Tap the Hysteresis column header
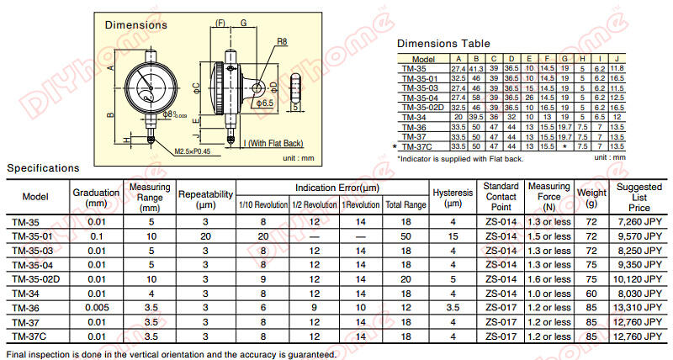pyautogui.click(x=453, y=197)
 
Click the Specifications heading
pyautogui.click(x=43, y=169)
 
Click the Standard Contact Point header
pyautogui.click(x=501, y=197)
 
